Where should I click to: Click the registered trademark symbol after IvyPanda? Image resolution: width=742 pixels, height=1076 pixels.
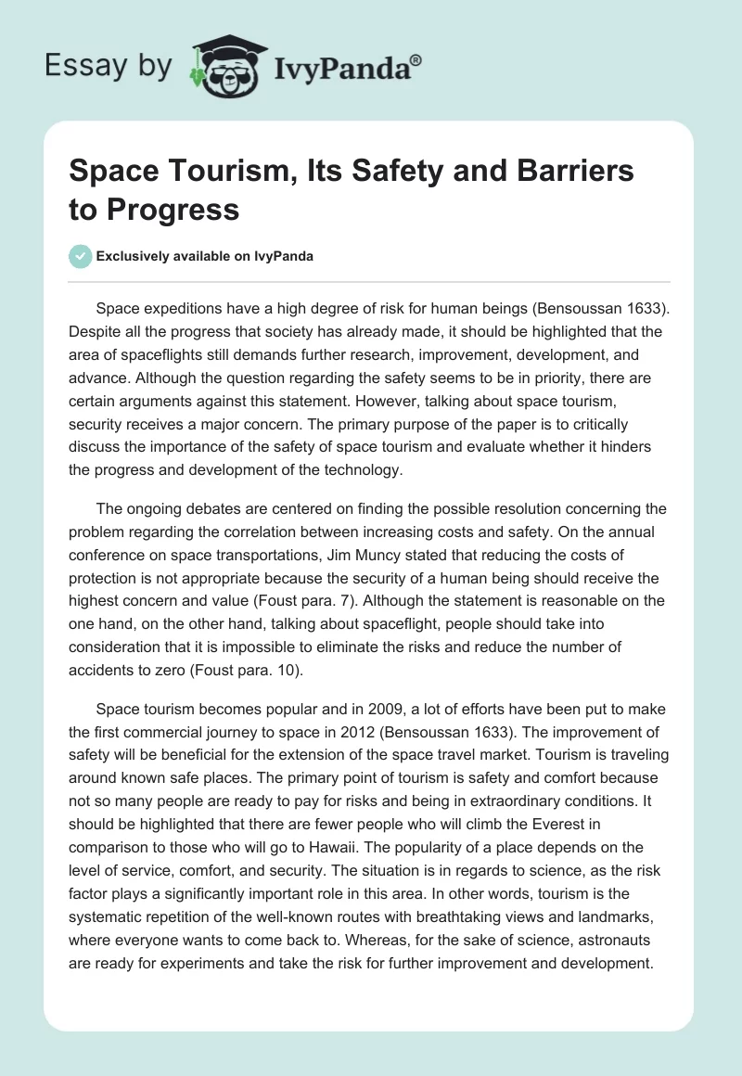pyautogui.click(x=416, y=59)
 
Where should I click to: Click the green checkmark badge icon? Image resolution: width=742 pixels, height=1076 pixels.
pyautogui.click(x=82, y=257)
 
